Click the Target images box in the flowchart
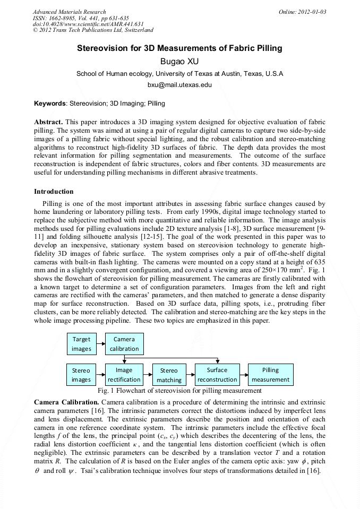(82, 344)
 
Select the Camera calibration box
(124, 344)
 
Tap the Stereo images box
(82, 375)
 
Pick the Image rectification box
(124, 375)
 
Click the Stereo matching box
(169, 375)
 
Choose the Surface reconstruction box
(217, 375)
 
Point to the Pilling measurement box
(270, 375)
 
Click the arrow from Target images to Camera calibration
(100, 344)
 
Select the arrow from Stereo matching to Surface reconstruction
(190, 375)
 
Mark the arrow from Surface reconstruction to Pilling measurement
(244, 375)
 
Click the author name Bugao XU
(179, 61)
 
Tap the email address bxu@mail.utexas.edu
(179, 84)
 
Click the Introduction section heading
(54, 192)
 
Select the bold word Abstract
(49, 122)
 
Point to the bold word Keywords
(50, 103)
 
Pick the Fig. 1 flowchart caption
(179, 391)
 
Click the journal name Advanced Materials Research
(69, 12)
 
